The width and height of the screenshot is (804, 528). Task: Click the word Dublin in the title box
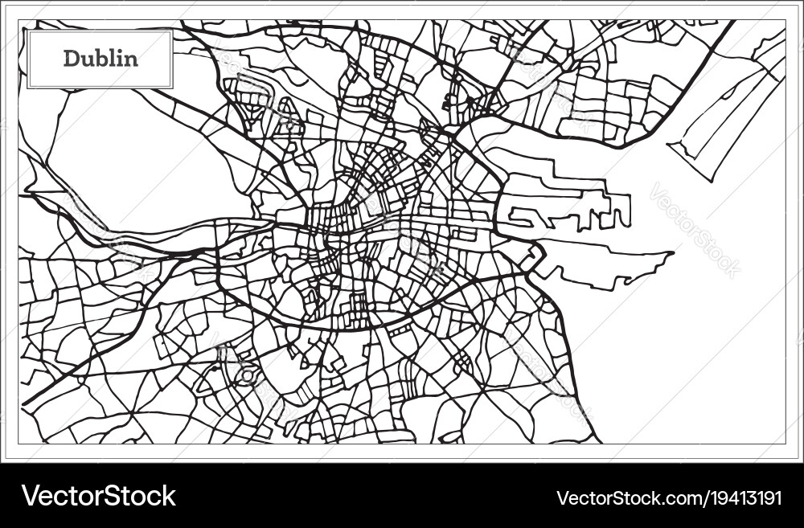pos(100,59)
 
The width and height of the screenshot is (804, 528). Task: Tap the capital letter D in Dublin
pos(72,59)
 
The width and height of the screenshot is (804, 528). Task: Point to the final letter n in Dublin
pos(133,59)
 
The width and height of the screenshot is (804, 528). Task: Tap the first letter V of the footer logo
pos(30,496)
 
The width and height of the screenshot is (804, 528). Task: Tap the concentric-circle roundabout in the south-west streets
pos(246,375)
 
